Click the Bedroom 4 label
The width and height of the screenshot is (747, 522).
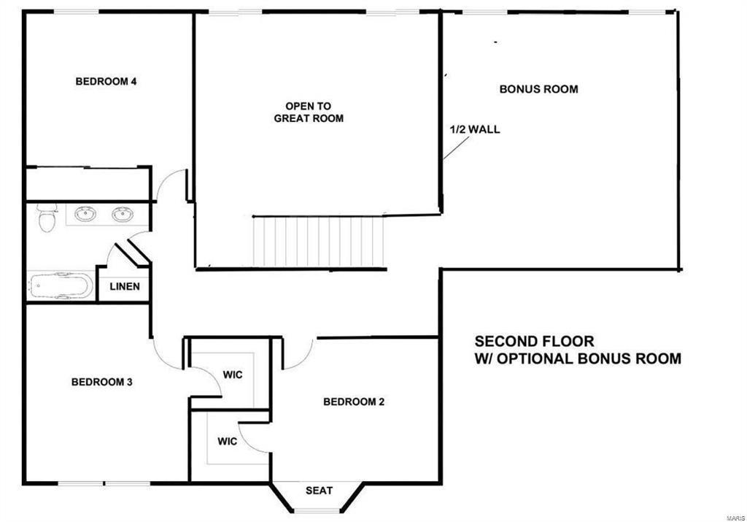[106, 82]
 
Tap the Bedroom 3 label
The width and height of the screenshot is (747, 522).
[101, 382]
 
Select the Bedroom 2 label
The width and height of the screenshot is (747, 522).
[354, 402]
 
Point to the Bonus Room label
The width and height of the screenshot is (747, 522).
[539, 89]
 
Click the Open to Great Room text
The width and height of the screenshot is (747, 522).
[309, 112]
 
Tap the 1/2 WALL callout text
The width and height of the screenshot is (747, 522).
[475, 129]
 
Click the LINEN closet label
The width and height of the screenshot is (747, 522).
[125, 286]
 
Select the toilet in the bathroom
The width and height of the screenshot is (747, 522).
[47, 219]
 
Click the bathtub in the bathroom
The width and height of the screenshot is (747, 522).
[61, 285]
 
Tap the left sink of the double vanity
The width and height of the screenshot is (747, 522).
[85, 214]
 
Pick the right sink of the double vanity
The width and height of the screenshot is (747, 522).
[123, 214]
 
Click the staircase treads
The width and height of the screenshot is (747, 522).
[318, 242]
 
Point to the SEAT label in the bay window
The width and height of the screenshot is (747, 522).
[320, 491]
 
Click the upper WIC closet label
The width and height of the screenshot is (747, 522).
[233, 375]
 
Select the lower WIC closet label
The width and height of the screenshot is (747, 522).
[228, 442]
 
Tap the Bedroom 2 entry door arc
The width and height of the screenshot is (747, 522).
[305, 358]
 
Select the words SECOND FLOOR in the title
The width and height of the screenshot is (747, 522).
[535, 342]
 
